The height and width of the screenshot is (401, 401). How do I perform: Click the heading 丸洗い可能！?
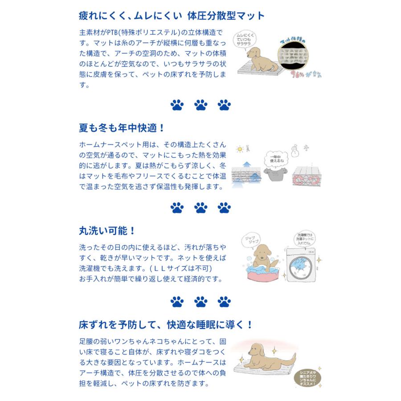tap(106, 231)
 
